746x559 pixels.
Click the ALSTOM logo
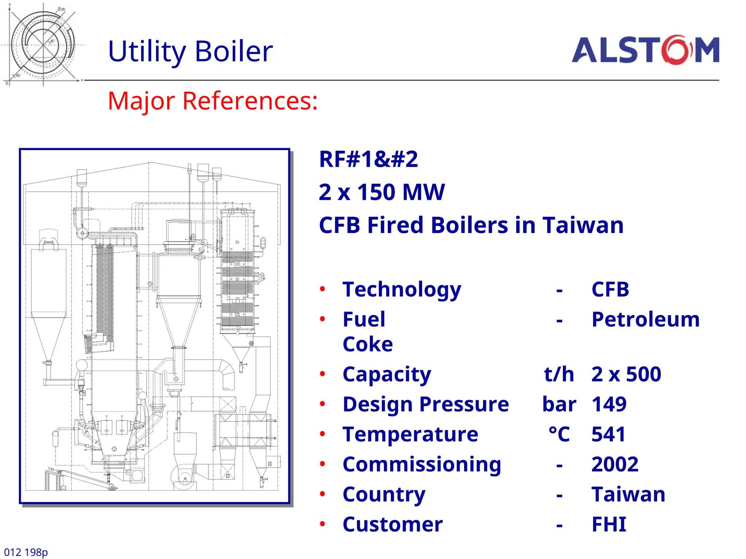[x=645, y=50]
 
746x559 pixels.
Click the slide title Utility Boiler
[x=190, y=51]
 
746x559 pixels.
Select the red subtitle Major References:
[x=213, y=101]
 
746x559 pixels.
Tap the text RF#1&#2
[x=368, y=159]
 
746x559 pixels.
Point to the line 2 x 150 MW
[x=381, y=192]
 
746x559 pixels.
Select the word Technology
[x=402, y=290]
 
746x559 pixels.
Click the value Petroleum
[x=645, y=320]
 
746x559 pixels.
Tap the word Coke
[x=368, y=344]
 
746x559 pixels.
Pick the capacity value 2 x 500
[x=626, y=374]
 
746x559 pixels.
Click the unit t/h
[x=559, y=374]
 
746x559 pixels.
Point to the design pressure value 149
[x=609, y=404]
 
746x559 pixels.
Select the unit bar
[x=559, y=404]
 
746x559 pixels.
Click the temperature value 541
[x=608, y=434]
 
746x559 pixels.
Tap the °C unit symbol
[x=559, y=434]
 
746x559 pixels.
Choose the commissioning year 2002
[x=615, y=464]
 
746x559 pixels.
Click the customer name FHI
[x=609, y=524]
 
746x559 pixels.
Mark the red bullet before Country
[x=322, y=494]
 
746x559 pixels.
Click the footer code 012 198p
[x=26, y=552]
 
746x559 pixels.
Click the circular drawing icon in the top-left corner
[x=43, y=44]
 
